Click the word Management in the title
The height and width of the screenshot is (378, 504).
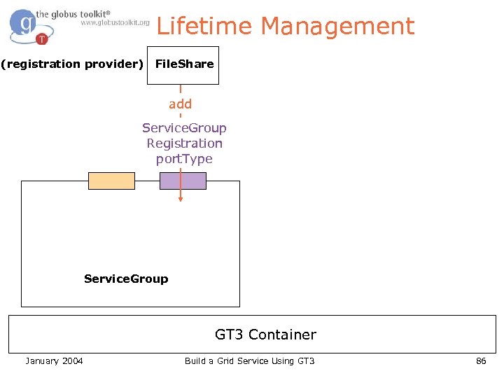(x=337, y=27)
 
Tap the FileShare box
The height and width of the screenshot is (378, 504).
(x=183, y=64)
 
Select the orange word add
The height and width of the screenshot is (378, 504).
(x=180, y=104)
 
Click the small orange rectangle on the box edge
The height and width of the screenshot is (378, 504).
(x=111, y=181)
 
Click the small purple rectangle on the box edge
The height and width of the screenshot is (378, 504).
(x=183, y=181)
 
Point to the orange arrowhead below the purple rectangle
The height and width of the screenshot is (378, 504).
(x=181, y=199)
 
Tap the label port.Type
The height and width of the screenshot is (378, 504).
(x=184, y=159)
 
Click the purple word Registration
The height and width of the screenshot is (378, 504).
(x=184, y=143)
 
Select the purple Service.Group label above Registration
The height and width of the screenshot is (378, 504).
(x=184, y=128)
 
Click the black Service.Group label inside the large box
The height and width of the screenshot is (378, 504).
(x=126, y=279)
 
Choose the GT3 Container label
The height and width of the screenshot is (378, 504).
(x=265, y=335)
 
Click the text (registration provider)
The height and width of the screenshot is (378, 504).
(x=72, y=64)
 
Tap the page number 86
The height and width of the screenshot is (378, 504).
(x=481, y=360)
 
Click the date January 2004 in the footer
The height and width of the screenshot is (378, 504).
(x=54, y=360)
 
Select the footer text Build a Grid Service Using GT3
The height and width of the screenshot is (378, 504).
(x=250, y=360)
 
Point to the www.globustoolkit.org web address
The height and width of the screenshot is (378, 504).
(x=115, y=22)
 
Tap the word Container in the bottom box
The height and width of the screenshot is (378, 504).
(x=283, y=335)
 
